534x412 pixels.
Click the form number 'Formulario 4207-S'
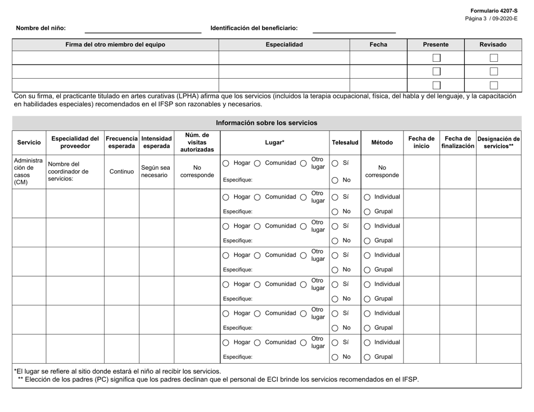point(494,11)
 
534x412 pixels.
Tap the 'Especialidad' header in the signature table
point(284,44)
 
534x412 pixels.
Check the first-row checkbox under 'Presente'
point(436,57)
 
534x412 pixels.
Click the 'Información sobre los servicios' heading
point(266,123)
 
